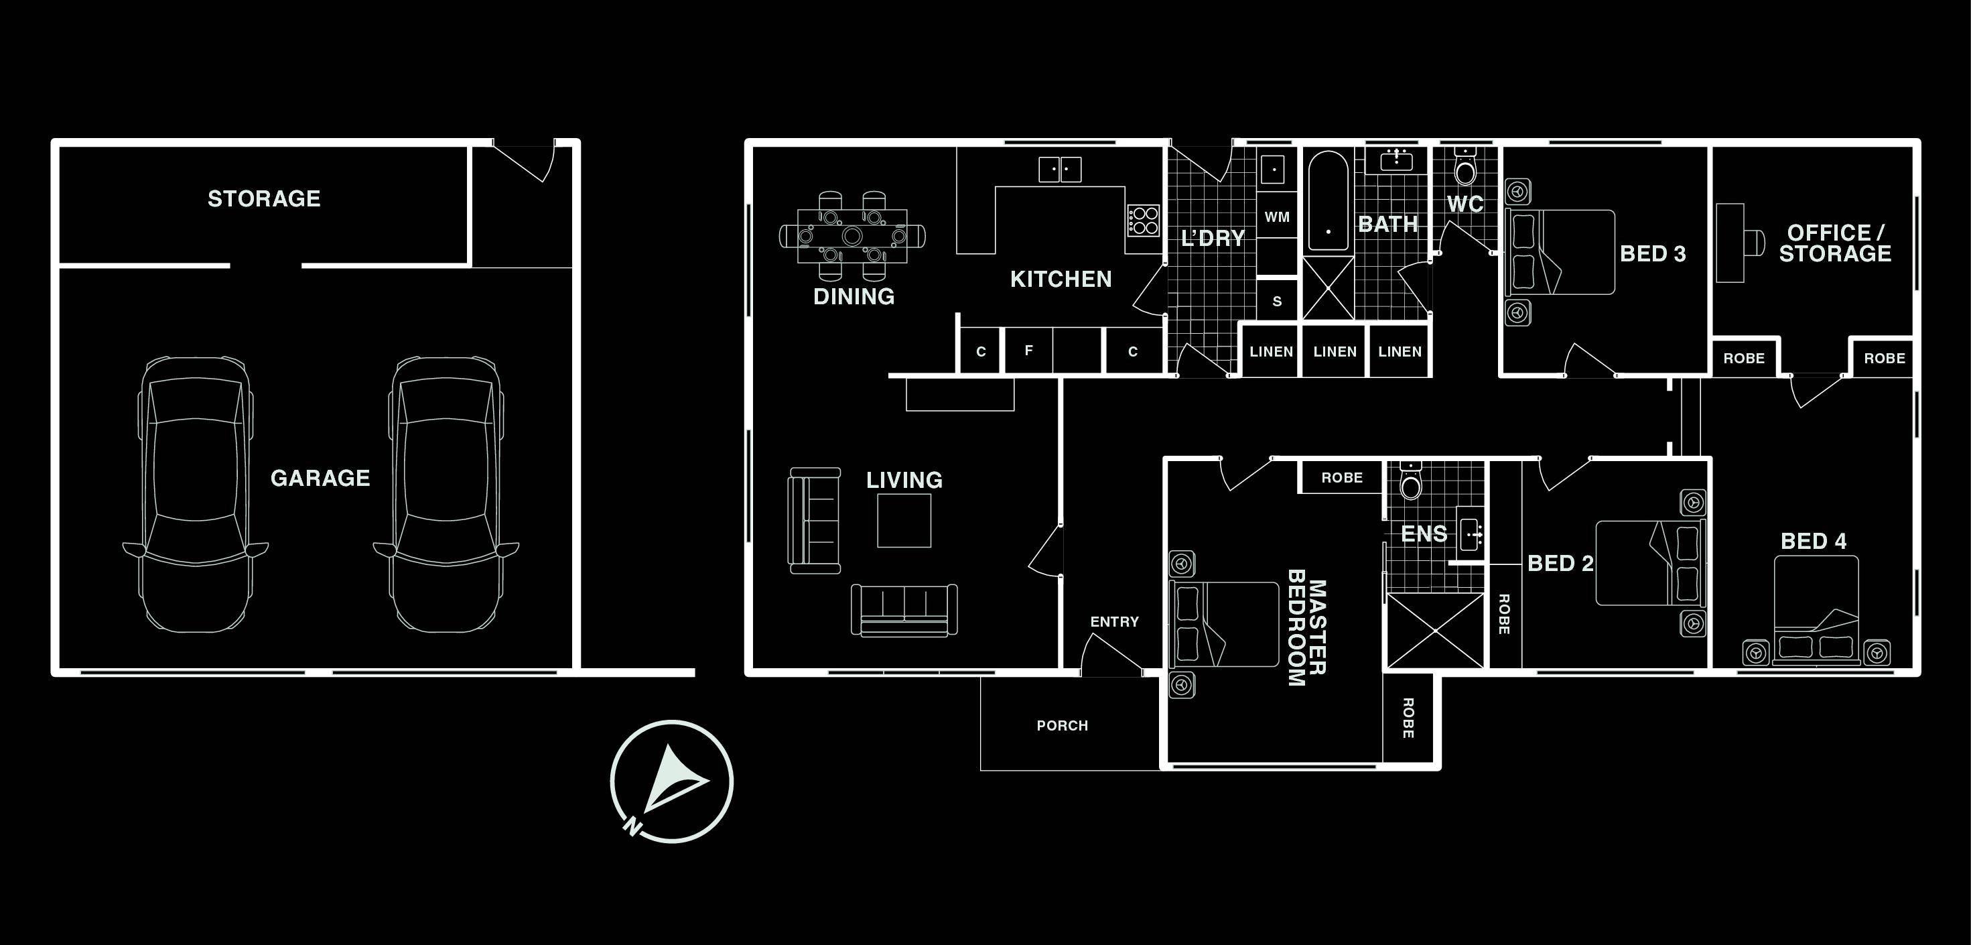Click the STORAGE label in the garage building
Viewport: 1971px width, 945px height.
264,199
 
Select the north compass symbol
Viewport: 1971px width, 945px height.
671,781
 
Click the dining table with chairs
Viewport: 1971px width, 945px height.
852,235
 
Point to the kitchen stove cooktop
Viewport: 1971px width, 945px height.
1142,220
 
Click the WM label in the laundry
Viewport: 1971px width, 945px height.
1276,217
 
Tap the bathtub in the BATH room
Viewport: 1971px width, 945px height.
1328,201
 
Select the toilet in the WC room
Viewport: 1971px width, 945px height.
1465,168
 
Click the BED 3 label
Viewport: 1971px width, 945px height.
1653,254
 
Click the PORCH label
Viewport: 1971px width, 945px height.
1062,725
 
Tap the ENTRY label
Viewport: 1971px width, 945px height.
1114,622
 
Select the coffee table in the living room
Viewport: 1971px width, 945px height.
904,520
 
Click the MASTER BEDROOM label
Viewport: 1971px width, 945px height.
1307,627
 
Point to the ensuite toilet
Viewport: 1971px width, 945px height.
1410,481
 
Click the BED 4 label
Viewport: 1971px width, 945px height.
1814,542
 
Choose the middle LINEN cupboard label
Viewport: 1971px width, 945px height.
1335,352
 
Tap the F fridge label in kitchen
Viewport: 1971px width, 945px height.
1028,351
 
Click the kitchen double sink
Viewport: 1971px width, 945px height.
1060,169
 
